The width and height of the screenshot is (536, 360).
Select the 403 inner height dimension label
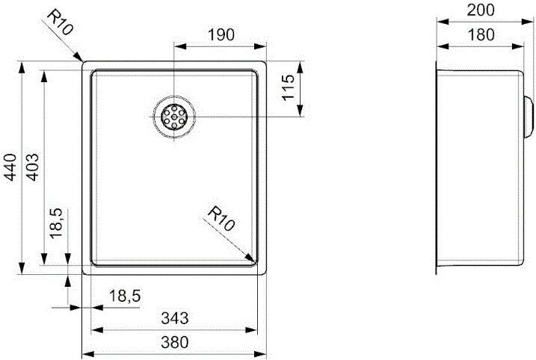33,169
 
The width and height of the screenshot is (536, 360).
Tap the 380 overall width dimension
173,344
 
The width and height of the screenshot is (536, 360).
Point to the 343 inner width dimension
173,319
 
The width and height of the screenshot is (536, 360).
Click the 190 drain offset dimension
221,34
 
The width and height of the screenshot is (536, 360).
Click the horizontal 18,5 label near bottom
125,296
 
